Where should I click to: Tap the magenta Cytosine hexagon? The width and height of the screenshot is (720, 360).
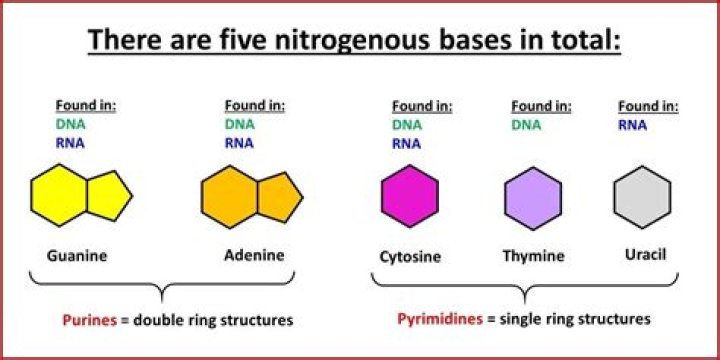(x=409, y=196)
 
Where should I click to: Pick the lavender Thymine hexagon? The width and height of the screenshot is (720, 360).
(x=532, y=199)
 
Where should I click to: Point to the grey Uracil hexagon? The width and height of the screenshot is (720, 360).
(x=641, y=196)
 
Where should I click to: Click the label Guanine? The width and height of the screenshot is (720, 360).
(x=77, y=255)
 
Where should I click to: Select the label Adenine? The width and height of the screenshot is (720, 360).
(x=254, y=255)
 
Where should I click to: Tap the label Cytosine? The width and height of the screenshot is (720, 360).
(x=411, y=256)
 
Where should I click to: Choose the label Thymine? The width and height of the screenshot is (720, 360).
(x=533, y=256)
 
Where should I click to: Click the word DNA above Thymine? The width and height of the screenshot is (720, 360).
(x=527, y=124)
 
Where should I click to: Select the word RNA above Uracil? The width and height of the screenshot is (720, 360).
(x=632, y=124)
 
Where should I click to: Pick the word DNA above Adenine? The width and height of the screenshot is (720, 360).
(x=239, y=124)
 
